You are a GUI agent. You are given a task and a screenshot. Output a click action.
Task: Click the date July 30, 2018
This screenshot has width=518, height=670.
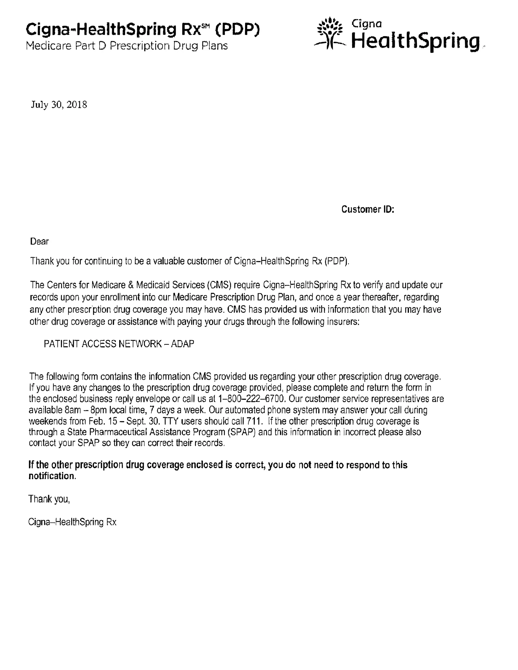click(x=59, y=105)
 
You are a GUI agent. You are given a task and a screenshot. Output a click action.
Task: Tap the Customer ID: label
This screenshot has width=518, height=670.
click(x=368, y=209)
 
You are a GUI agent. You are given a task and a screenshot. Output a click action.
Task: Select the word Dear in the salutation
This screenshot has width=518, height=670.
click(x=39, y=241)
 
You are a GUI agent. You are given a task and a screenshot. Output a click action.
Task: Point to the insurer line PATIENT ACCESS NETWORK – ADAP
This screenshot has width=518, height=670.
click(x=119, y=344)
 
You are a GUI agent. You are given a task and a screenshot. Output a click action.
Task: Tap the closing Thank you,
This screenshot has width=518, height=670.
click(x=49, y=499)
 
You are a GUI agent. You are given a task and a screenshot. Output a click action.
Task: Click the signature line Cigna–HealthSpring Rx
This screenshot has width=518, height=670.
click(x=72, y=522)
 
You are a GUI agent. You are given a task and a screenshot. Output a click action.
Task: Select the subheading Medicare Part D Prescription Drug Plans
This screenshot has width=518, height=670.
click(x=127, y=46)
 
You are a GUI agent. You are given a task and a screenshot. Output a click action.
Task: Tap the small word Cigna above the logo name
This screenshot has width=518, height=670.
click(x=366, y=24)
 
